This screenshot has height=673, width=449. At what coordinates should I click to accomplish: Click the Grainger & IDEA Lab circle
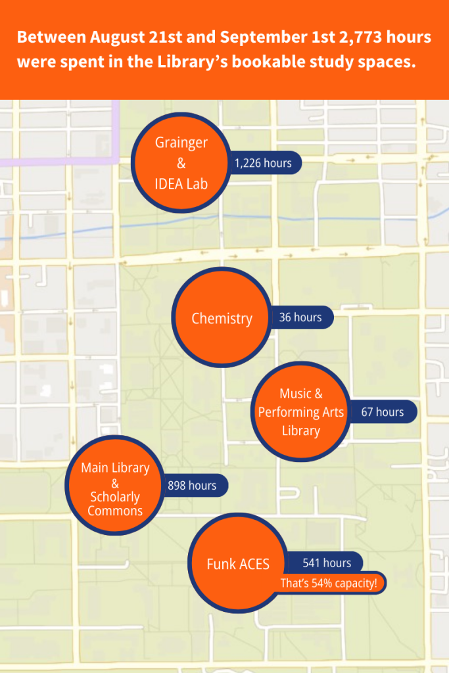click(x=181, y=162)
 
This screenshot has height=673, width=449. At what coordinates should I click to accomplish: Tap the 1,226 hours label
click(x=264, y=163)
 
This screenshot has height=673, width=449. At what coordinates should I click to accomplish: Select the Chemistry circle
click(x=222, y=319)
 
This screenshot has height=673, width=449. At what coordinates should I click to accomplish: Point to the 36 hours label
click(x=300, y=317)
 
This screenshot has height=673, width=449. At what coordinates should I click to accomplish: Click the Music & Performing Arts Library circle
click(x=300, y=412)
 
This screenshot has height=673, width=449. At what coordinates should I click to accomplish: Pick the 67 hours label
click(x=382, y=412)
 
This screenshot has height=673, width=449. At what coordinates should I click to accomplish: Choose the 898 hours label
click(x=192, y=486)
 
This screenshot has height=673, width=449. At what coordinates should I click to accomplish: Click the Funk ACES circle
click(x=238, y=564)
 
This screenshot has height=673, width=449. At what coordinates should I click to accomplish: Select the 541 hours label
click(x=327, y=563)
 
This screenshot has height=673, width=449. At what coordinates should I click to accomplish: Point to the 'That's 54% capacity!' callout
click(x=329, y=583)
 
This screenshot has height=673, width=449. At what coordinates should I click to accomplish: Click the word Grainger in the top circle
click(x=181, y=143)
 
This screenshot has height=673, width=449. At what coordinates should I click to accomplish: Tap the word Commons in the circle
click(x=115, y=511)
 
